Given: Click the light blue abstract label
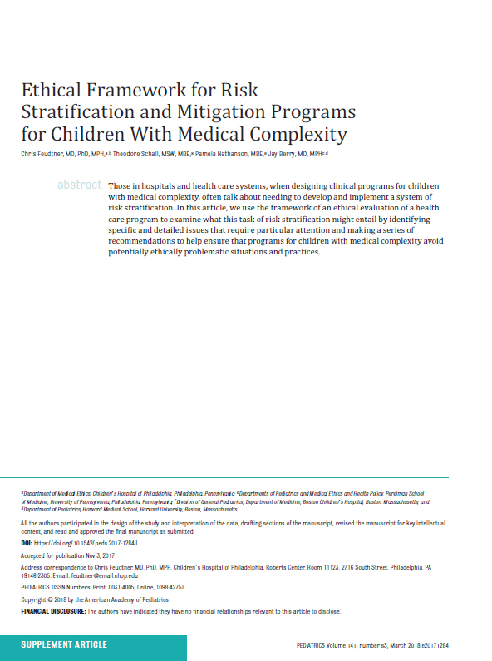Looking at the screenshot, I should click(x=79, y=185).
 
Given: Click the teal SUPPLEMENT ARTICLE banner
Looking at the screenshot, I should click(x=64, y=644).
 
